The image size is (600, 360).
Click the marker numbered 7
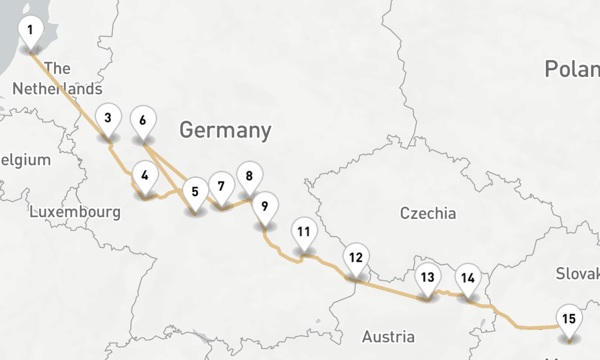click(x=221, y=186)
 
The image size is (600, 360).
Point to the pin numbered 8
click(x=249, y=176)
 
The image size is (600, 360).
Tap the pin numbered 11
click(x=304, y=232)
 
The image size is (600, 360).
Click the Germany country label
click(x=225, y=130)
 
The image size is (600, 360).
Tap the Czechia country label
click(x=428, y=213)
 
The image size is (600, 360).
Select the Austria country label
click(x=388, y=337)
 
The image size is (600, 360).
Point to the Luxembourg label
click(x=75, y=212)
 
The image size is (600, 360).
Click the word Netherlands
click(x=57, y=89)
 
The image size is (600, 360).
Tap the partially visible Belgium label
click(x=25, y=160)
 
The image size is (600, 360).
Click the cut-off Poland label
click(x=572, y=69)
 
